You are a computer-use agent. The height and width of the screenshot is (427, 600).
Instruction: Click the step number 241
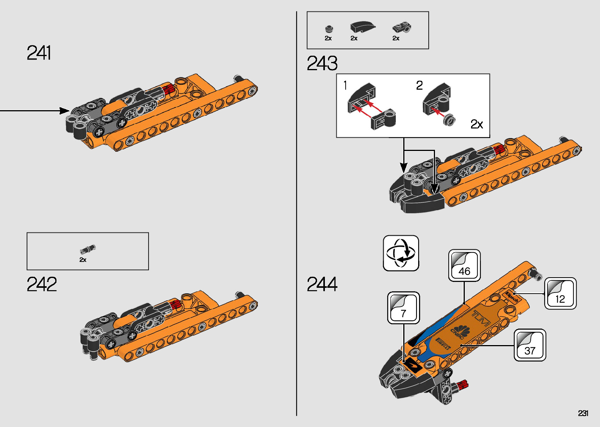coord(39,53)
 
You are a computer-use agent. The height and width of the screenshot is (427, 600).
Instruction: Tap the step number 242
coord(42,284)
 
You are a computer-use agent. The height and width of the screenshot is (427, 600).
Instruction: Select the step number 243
coord(322,64)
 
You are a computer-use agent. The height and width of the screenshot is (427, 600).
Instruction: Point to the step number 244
coord(322,284)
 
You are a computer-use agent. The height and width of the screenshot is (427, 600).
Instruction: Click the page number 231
coord(583,413)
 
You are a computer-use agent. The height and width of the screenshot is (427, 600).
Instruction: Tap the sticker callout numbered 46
coord(464,265)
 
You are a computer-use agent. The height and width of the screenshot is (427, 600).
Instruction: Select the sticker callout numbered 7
coord(403,308)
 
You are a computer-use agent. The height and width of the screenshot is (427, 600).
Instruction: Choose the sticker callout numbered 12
coord(560,293)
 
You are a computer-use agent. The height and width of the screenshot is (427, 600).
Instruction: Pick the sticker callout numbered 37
coord(529,345)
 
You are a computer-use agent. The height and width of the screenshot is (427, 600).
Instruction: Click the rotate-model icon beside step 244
coord(401,253)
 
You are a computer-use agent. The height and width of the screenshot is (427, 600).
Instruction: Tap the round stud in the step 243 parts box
coord(329,29)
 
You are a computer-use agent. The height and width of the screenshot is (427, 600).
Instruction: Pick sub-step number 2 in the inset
coord(419,85)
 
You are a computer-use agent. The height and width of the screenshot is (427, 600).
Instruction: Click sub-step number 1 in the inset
coord(345,85)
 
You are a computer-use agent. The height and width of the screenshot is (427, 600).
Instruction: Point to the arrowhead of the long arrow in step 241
coord(65,111)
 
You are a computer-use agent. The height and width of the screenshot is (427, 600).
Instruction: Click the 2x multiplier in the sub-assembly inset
coord(477,124)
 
